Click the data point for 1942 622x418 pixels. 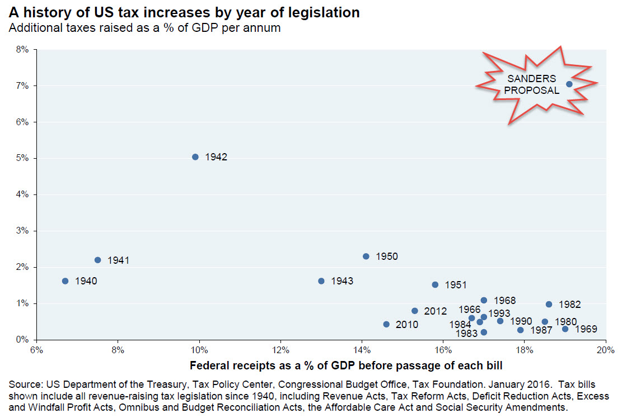click(195, 157)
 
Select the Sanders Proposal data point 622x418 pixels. click(569, 84)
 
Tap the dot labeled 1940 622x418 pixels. click(65, 281)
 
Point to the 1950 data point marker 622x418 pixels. click(366, 256)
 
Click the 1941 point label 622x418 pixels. click(119, 260)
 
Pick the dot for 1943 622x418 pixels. click(321, 281)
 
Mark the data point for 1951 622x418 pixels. click(435, 284)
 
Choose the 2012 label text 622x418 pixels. click(436, 311)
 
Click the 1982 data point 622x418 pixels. click(549, 305)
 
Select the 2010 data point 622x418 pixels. click(386, 324)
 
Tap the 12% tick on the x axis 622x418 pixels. click(280, 351)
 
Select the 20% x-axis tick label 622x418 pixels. click(605, 351)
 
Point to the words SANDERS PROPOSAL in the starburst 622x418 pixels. click(533, 84)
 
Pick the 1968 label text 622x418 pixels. click(505, 301)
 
